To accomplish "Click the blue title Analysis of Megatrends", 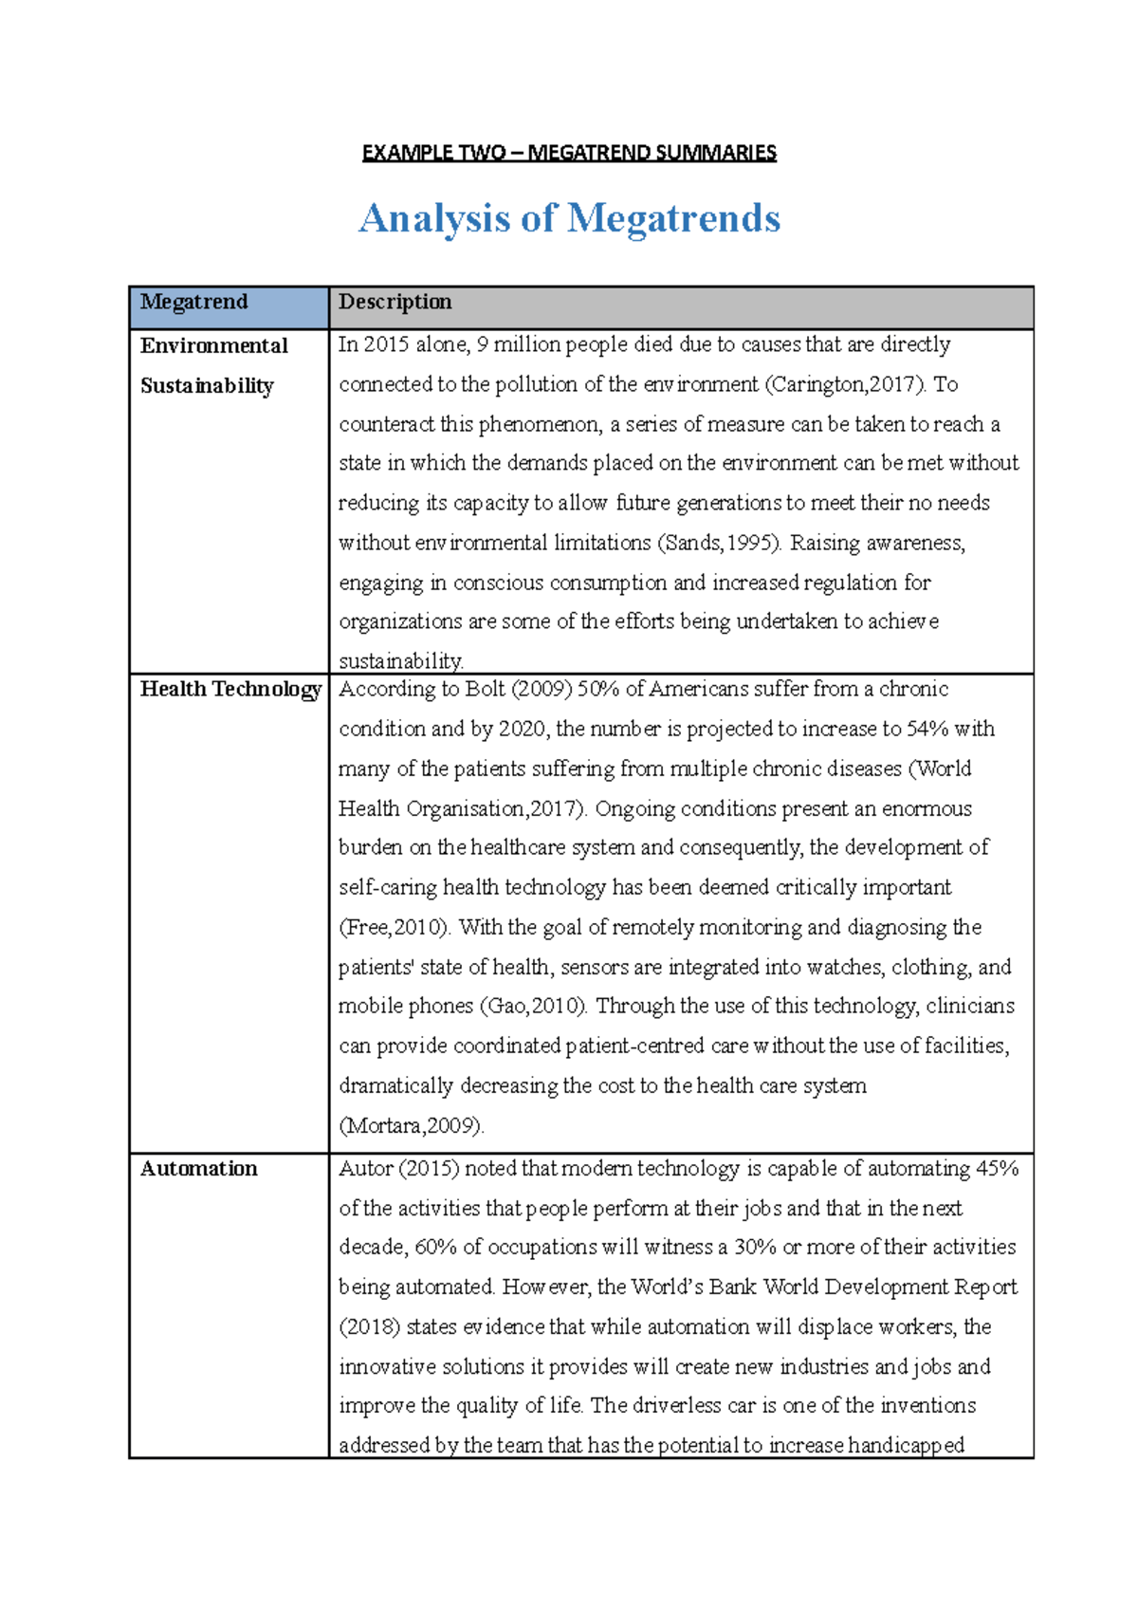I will point(569,218).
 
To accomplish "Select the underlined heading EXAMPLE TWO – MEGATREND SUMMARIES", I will point(569,153).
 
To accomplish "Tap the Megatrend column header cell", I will point(229,306).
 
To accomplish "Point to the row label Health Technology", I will point(230,689).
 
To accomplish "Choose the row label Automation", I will point(198,1169).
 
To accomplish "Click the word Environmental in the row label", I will point(213,345).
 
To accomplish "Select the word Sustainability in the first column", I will point(207,385).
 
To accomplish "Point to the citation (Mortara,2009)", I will point(412,1125).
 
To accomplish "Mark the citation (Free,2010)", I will point(393,927).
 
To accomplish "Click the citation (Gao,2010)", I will point(534,1006).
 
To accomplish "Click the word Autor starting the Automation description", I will point(365,1169).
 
